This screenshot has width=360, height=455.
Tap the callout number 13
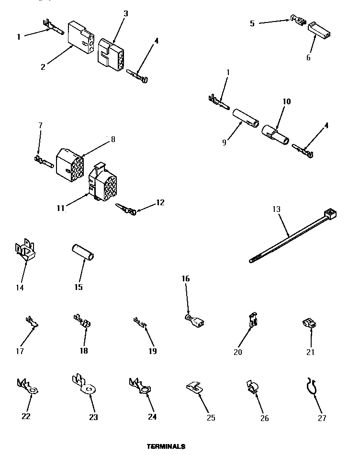(276, 209)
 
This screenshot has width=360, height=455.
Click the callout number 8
(112, 140)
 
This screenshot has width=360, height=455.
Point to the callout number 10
(287, 101)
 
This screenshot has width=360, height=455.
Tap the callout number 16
(185, 278)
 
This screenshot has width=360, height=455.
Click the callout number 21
(310, 353)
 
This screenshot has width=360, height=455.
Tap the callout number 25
(211, 418)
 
